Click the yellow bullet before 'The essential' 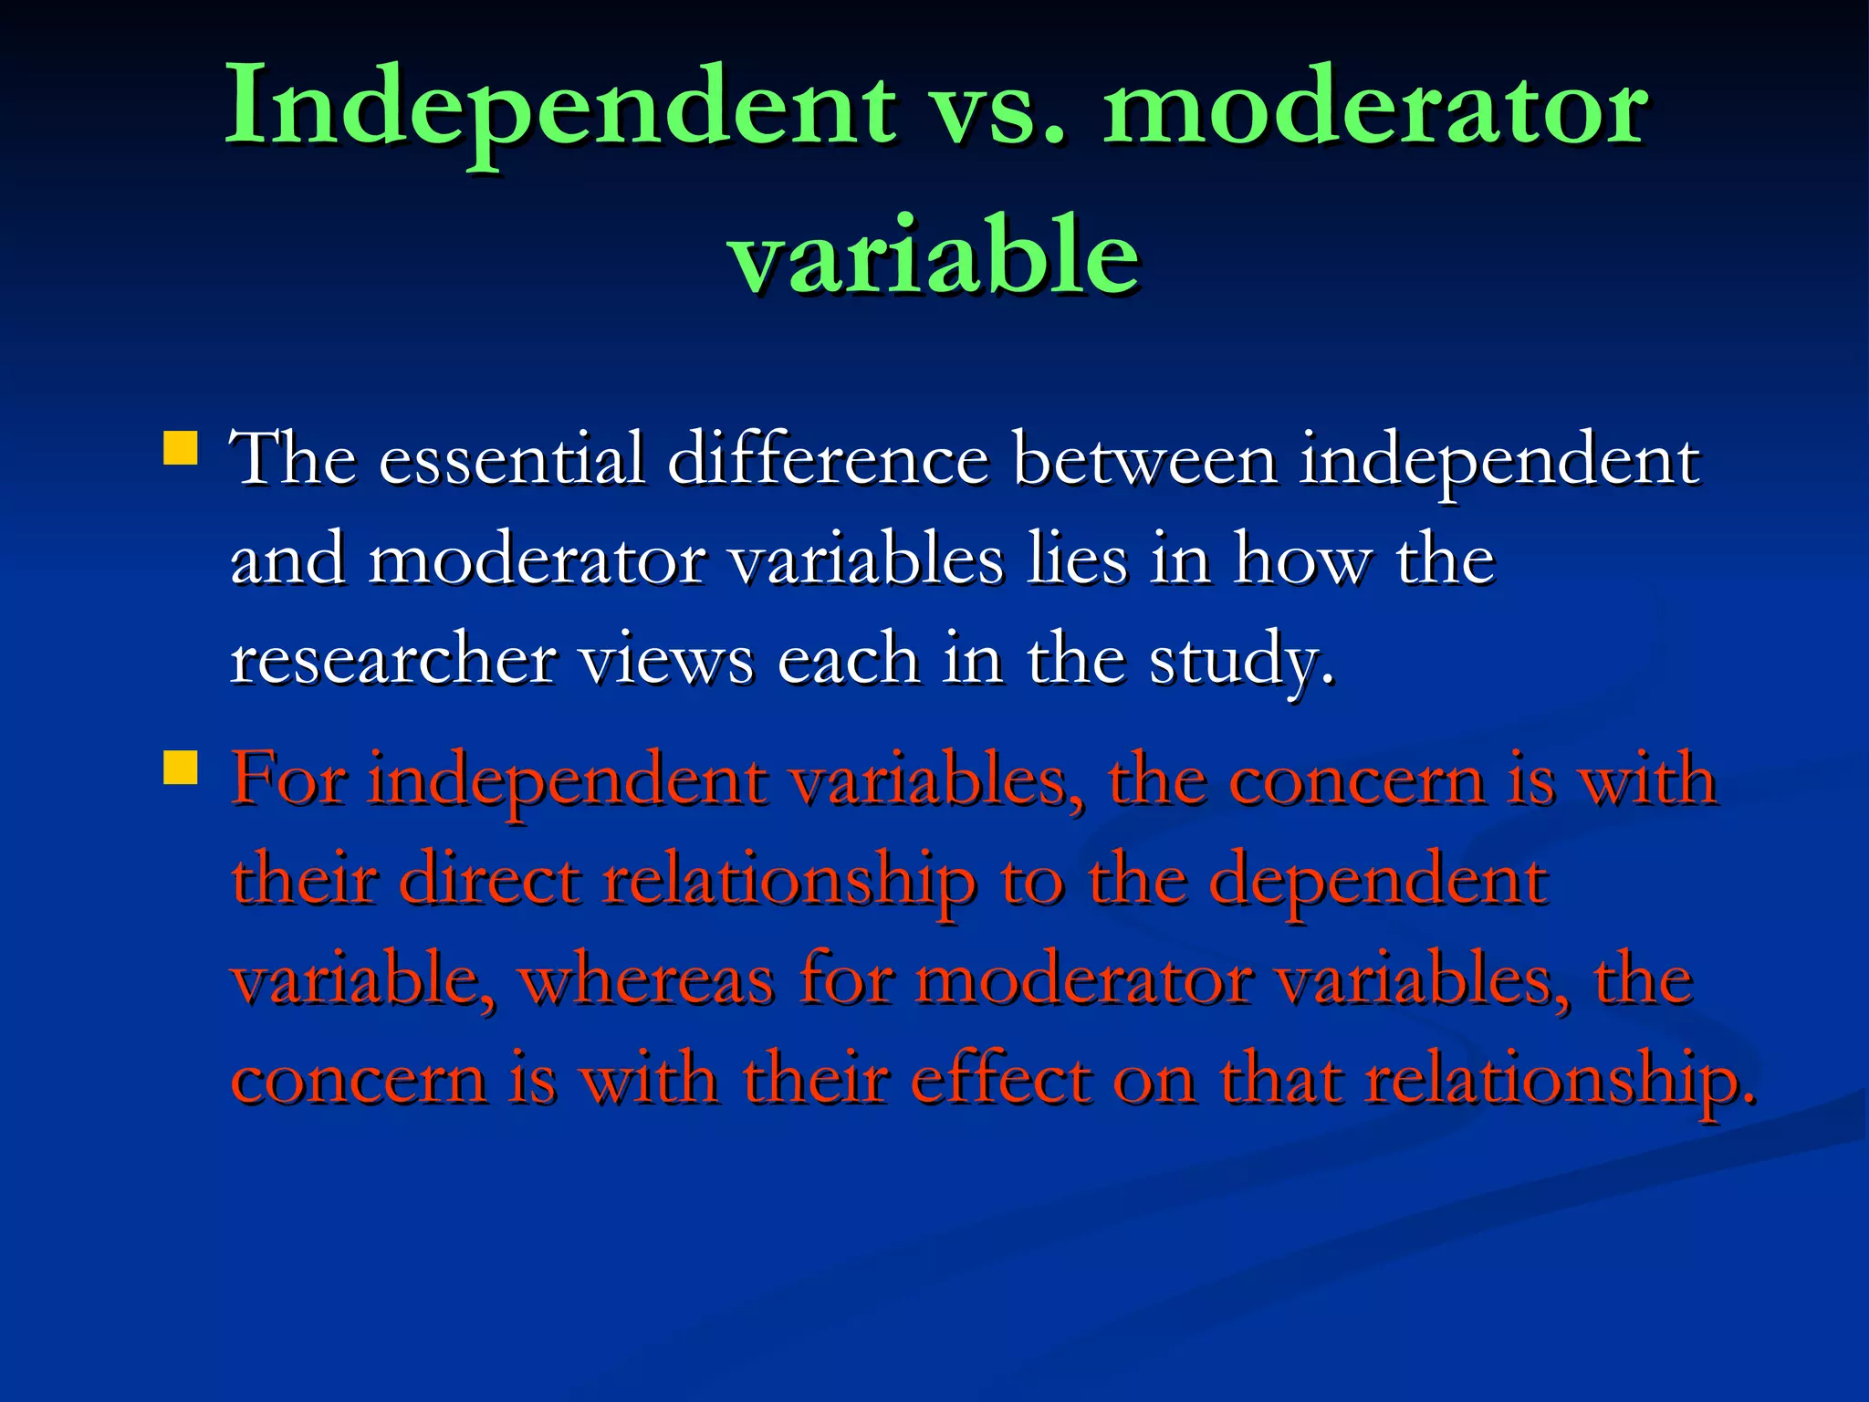(181, 449)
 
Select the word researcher (393, 659)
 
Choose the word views (667, 659)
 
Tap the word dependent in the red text (1377, 881)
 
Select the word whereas (647, 980)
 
